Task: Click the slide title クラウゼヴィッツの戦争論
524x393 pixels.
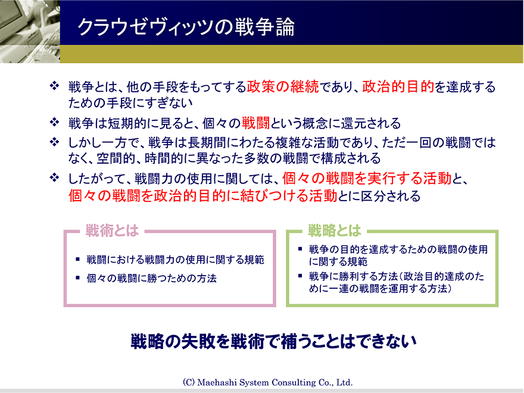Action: [x=186, y=27]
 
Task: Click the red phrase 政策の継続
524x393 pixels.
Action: [x=283, y=86]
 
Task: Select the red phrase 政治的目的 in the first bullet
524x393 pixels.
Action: [x=398, y=86]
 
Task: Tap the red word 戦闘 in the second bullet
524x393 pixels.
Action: [x=255, y=123]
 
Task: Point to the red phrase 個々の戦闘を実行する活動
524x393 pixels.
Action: [x=367, y=179]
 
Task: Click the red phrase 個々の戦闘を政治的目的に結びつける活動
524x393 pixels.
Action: [x=203, y=196]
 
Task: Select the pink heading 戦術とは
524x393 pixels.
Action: [x=112, y=230]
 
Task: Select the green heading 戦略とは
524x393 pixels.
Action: [x=334, y=230]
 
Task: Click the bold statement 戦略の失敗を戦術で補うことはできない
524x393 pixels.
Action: [x=273, y=341]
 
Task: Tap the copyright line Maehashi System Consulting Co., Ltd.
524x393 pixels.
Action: [x=268, y=382]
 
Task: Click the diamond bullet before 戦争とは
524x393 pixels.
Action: [x=54, y=86]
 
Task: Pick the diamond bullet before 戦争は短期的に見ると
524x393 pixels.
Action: [x=54, y=122]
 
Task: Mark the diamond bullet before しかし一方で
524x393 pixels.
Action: [x=54, y=142]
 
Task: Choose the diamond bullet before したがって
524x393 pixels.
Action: [x=54, y=177]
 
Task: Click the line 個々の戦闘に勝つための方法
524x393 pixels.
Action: [x=151, y=278]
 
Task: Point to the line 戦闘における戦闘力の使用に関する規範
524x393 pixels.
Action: [x=176, y=260]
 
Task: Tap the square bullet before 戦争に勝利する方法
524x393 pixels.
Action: [x=300, y=276]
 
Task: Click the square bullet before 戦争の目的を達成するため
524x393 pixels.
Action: [x=300, y=249]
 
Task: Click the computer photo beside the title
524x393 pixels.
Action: [x=30, y=32]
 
